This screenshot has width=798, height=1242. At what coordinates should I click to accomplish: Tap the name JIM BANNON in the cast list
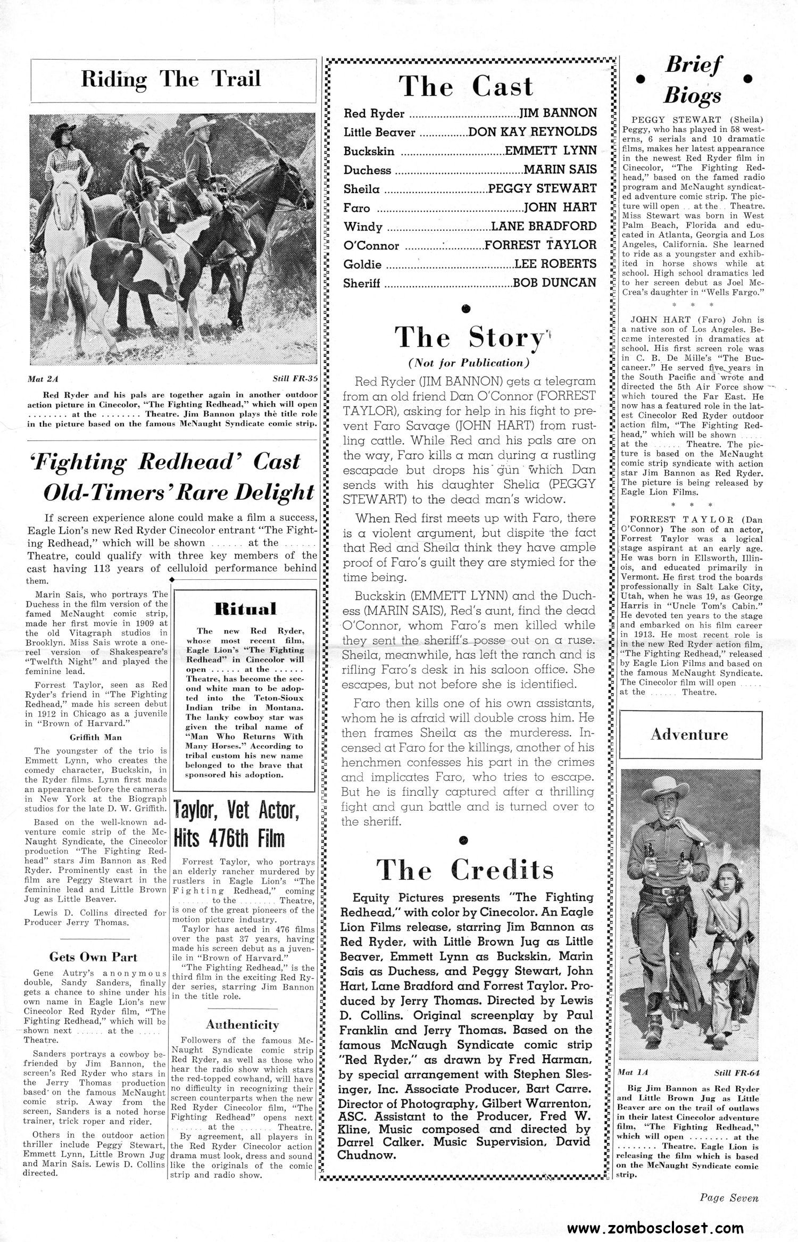click(x=558, y=113)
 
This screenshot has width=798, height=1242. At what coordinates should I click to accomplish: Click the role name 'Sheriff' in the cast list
click(x=362, y=284)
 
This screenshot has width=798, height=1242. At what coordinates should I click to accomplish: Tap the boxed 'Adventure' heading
click(x=689, y=735)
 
